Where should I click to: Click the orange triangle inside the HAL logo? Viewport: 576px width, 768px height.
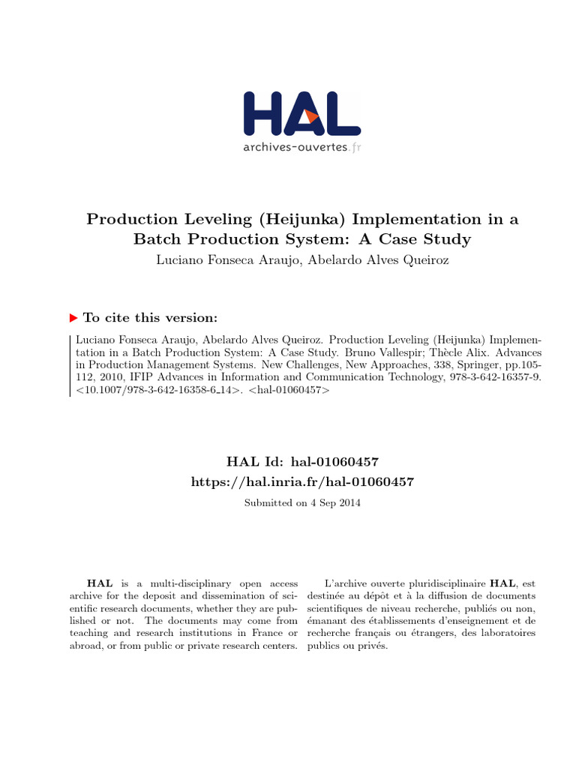(312, 117)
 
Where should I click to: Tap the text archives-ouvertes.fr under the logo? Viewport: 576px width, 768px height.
(302, 147)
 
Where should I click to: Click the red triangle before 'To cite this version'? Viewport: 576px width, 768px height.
(73, 317)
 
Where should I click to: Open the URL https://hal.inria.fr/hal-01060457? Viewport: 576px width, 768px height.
(302, 481)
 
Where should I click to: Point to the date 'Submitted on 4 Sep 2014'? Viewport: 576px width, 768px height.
(302, 503)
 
